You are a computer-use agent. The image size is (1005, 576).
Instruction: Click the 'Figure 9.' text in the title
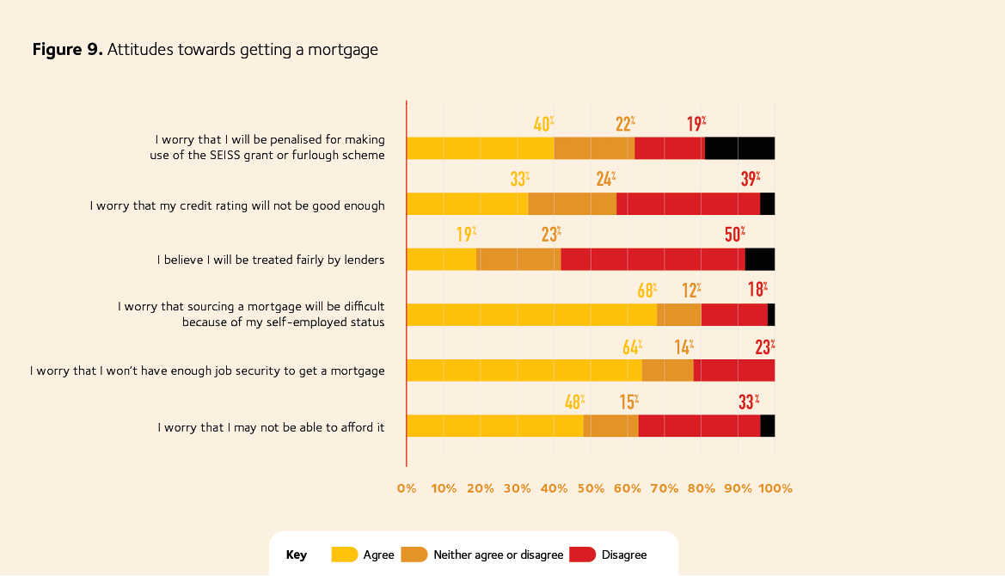67,50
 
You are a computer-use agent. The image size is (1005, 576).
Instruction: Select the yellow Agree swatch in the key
345,555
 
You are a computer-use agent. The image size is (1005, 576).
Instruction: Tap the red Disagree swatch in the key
583,555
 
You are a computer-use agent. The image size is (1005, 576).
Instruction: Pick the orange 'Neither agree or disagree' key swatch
414,555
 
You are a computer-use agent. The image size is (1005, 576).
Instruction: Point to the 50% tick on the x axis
591,488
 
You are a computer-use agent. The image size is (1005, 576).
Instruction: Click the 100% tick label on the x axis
775,488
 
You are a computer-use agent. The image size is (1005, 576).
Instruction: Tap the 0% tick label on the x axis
406,488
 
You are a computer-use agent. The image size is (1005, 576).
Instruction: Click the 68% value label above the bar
647,291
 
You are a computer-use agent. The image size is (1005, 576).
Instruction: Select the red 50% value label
735,235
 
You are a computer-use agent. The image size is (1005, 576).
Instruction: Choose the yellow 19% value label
466,235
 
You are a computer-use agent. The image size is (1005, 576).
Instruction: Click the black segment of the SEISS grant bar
739,148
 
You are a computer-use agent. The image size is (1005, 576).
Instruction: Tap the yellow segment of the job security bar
524,371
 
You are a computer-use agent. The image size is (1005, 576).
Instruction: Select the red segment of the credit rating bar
688,204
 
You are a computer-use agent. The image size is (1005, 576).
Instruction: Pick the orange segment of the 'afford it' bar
610,426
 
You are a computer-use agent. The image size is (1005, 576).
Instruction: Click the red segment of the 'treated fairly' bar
653,260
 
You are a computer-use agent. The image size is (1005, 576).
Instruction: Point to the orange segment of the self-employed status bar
679,315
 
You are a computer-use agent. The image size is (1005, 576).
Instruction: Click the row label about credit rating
237,205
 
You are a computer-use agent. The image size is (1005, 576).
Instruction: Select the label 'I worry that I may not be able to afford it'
271,426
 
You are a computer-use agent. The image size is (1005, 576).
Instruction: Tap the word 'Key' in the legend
297,555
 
